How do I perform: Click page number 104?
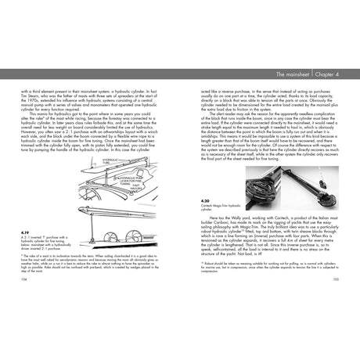click(x=27, y=298)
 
